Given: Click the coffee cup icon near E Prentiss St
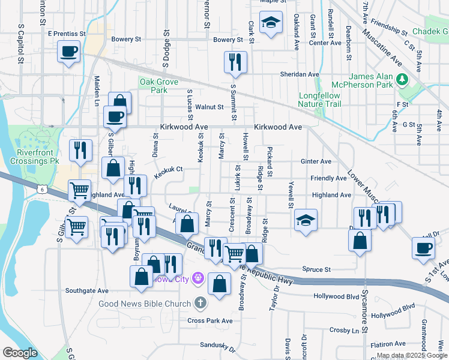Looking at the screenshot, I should [69, 50].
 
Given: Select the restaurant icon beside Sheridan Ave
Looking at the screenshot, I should [235, 62].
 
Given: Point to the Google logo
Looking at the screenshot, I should [20, 353].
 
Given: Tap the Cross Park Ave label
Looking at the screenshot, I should [209, 321].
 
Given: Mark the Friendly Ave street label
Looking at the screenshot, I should [328, 178].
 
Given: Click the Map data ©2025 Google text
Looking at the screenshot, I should [412, 355].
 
